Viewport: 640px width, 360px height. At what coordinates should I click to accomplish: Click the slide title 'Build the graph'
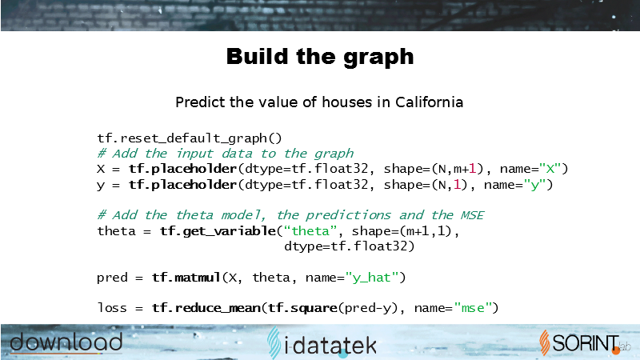[x=320, y=57]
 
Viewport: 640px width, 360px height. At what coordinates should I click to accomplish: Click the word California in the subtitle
[x=429, y=102]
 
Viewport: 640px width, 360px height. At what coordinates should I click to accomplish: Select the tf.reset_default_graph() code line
[x=190, y=138]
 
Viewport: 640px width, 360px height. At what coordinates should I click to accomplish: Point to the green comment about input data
[x=226, y=154]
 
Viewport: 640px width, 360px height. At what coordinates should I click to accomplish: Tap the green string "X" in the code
[x=550, y=169]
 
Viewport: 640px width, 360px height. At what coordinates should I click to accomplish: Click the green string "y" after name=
[x=534, y=185]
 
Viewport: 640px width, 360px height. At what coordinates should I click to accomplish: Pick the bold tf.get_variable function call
[x=218, y=231]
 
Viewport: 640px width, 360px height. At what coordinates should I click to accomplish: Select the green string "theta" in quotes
[x=310, y=231]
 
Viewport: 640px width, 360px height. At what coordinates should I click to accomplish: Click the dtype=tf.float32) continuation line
[x=350, y=246]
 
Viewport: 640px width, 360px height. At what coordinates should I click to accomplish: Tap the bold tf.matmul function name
[x=186, y=278]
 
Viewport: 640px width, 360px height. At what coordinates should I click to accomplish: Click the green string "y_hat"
[x=371, y=278]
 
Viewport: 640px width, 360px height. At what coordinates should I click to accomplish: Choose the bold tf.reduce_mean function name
[x=206, y=308]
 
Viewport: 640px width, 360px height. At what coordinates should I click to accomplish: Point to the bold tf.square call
[x=302, y=308]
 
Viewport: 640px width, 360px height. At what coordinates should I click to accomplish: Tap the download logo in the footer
[x=66, y=342]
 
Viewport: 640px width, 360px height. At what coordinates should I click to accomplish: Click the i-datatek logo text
[x=322, y=344]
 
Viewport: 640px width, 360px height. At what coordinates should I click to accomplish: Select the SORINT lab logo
[x=586, y=343]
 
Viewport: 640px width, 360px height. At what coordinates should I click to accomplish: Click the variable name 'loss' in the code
[x=112, y=308]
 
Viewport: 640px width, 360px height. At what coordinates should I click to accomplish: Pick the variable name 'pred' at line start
[x=112, y=278]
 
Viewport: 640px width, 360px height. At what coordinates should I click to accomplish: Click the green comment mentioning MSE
[x=290, y=215]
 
